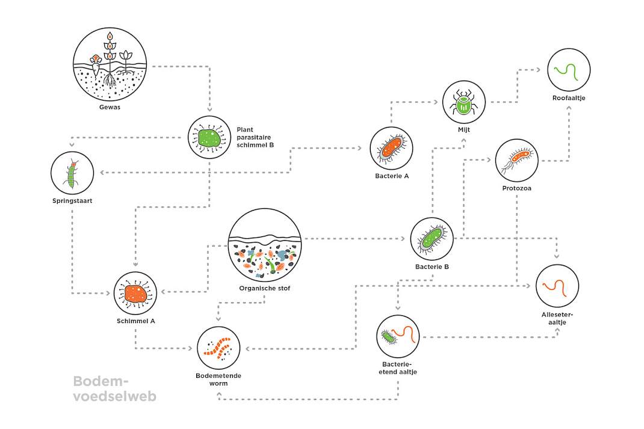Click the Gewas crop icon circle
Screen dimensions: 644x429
coord(110,64)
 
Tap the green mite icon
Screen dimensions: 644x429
coord(464,102)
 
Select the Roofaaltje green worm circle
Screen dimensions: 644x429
coord(569,70)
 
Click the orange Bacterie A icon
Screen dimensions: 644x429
coord(391,148)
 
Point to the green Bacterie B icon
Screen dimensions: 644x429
coord(432,239)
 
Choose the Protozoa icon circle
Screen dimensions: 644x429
coord(516,161)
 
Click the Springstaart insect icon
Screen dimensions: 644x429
coord(72,173)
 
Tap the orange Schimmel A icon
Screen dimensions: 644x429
coord(135,293)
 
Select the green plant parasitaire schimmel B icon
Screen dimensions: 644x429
coord(209,138)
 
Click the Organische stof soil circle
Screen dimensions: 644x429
coord(264,245)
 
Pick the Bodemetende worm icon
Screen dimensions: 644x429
coord(218,348)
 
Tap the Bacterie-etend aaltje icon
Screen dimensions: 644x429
coord(398,336)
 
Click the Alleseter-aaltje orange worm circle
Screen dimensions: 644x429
coord(557,286)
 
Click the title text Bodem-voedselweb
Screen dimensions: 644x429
coord(115,389)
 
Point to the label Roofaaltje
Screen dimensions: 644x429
coord(569,98)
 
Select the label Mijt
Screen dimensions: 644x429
coord(464,130)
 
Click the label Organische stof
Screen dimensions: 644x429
coord(264,289)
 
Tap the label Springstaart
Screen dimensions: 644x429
coord(72,201)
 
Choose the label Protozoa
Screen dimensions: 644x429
coord(516,188)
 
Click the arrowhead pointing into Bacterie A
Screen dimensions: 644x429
coord(360,148)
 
